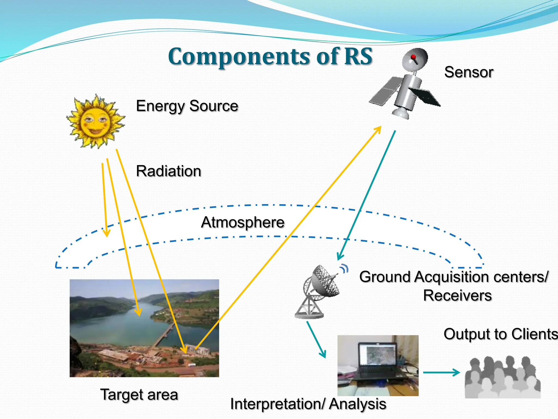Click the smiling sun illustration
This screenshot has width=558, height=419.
95,121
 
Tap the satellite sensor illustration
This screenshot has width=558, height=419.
406,85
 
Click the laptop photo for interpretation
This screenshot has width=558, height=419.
378,366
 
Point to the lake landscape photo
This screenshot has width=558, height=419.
144,328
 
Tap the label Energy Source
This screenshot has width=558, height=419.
187,106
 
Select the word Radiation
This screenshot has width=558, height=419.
169,171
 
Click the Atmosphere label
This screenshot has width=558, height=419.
243,222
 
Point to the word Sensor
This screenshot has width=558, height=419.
469,72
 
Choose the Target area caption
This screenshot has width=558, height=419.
139,394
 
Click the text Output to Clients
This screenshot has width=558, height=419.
500,334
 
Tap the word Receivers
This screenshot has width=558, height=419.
457,295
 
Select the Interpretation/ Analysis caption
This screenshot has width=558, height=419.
308,404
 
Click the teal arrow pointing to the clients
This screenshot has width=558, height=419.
441,372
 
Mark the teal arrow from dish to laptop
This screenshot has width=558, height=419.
316,340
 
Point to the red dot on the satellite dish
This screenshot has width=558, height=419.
413,57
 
